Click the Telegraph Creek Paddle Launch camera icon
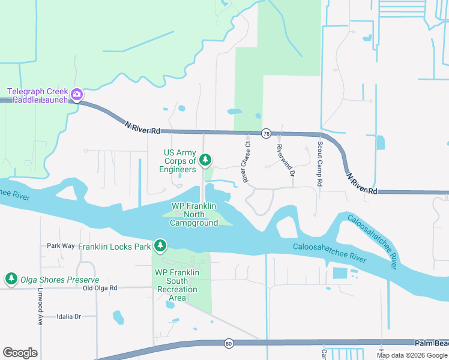pyautogui.click(x=76, y=94)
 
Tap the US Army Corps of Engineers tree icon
pyautogui.click(x=205, y=160)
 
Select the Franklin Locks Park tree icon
pyautogui.click(x=160, y=245)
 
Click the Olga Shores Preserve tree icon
pyautogui.click(x=11, y=278)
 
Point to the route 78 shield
pyautogui.click(x=266, y=133)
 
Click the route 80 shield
pyautogui.click(x=229, y=343)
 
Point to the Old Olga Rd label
pyautogui.click(x=100, y=288)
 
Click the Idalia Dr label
pyautogui.click(x=68, y=316)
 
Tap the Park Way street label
pyautogui.click(x=61, y=246)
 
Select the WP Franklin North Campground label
pyautogui.click(x=194, y=214)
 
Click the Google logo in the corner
pyautogui.click(x=20, y=352)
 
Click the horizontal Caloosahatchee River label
pyautogui.click(x=330, y=252)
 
